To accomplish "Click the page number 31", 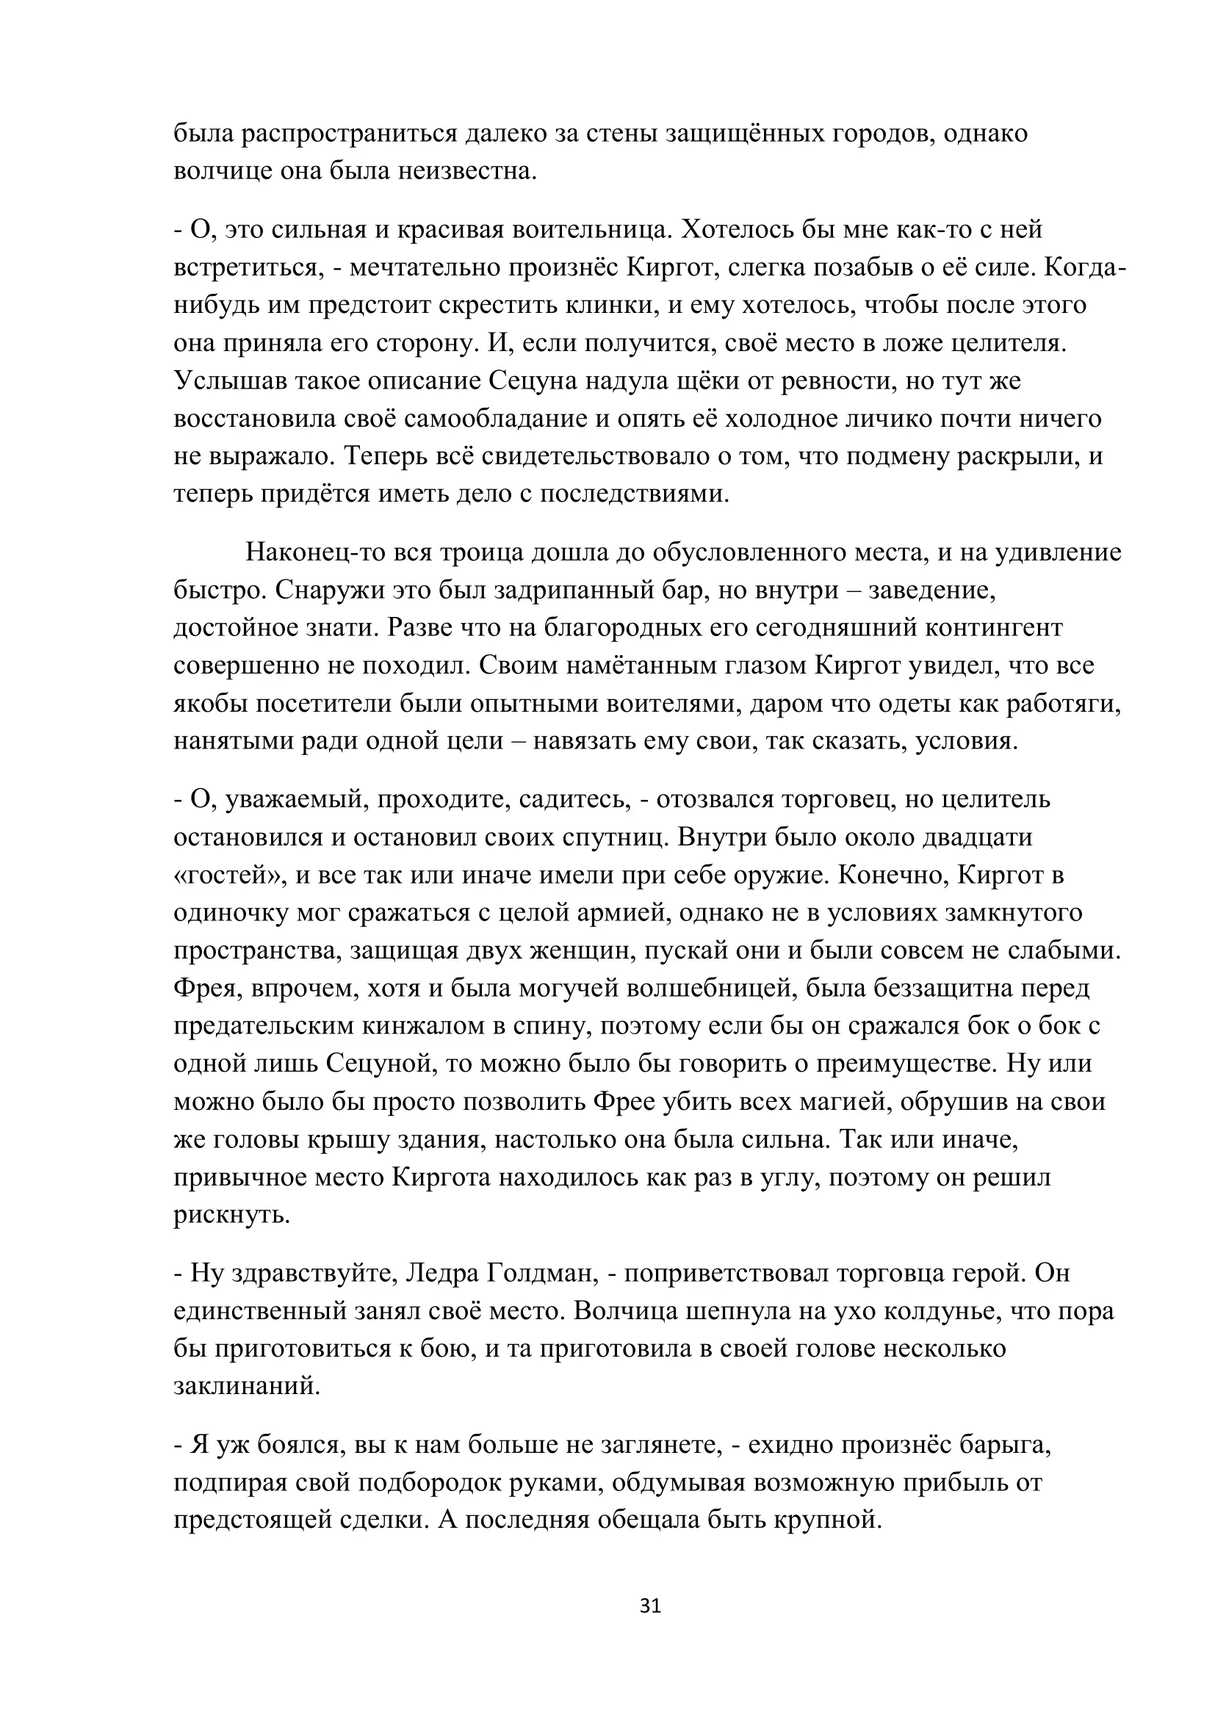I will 650,1606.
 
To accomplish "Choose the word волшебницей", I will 700,989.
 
